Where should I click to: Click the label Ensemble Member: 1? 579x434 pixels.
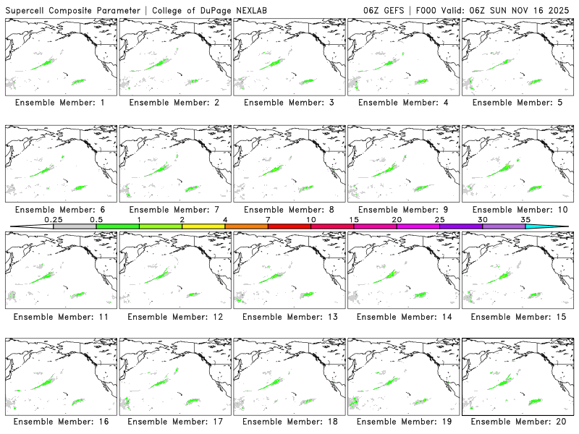click(60, 103)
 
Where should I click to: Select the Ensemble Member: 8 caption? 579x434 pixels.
click(288, 210)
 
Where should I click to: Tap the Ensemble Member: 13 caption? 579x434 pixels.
click(288, 317)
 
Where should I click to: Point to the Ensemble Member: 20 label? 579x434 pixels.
click(516, 422)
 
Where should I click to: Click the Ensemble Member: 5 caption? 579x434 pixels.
click(516, 103)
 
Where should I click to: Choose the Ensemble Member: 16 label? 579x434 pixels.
click(60, 422)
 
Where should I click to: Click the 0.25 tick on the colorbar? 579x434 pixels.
click(53, 219)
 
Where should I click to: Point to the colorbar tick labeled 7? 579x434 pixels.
click(268, 219)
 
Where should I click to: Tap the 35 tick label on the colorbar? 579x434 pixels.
click(525, 219)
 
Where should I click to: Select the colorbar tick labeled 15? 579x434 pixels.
click(353, 219)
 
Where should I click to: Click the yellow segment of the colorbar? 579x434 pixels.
click(203, 226)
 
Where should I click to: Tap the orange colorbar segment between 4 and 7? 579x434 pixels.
click(246, 226)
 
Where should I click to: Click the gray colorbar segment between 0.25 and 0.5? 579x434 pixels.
click(75, 226)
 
